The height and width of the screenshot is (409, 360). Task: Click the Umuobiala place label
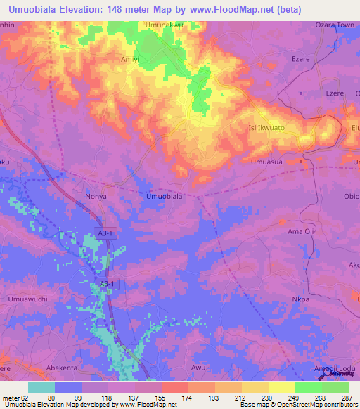164,197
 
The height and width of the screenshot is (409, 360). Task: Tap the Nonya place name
95,197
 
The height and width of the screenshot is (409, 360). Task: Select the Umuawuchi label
28,299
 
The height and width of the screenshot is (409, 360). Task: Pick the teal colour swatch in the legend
41,387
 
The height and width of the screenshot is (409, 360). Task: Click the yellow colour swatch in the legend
281,387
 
